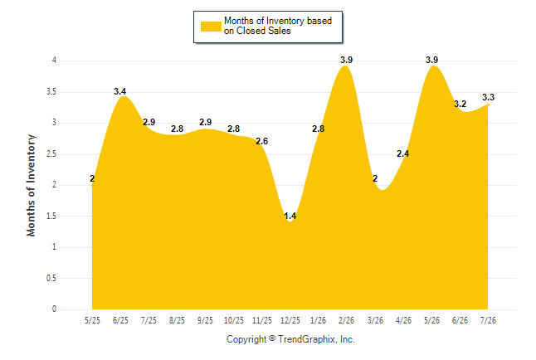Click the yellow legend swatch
coord(211,27)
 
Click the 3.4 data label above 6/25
coord(120,91)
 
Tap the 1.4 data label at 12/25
coord(290,216)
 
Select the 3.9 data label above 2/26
coord(346,60)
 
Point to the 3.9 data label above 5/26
coord(431,60)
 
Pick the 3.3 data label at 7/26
coord(488,97)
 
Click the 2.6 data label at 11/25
coord(262,141)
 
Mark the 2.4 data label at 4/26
coord(402,153)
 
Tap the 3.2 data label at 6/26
coord(460,104)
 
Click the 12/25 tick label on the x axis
coord(290,320)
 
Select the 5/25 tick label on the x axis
coord(92,320)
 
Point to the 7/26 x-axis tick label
coord(488,320)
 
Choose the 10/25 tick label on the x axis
coord(233,320)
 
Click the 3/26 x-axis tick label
coord(375,320)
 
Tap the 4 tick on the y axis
coord(54,61)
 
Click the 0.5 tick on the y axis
coord(51,278)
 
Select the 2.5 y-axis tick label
coord(51,153)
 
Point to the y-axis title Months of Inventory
coord(31,185)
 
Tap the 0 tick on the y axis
coord(54,309)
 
